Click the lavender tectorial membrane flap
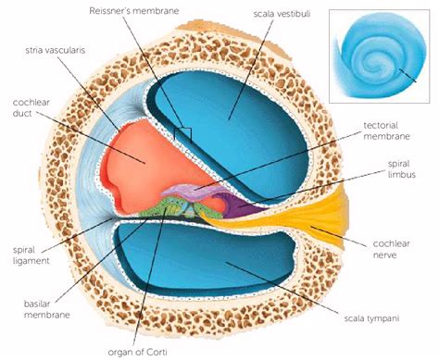click(x=190, y=192)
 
